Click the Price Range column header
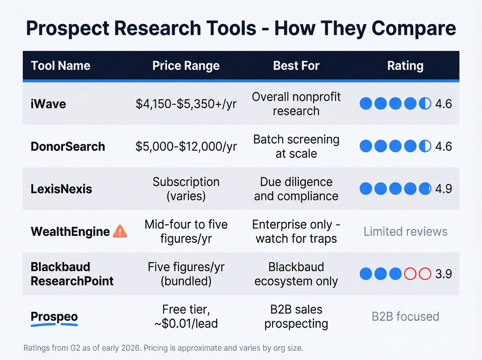(186, 65)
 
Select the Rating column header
(405, 65)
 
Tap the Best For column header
(296, 65)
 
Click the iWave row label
(48, 104)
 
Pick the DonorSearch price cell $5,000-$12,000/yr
(186, 146)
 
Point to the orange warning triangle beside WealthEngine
(120, 231)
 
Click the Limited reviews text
(405, 232)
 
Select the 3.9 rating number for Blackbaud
(443, 274)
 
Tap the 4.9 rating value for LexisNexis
(443, 189)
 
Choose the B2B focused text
(405, 316)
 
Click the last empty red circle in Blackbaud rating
(425, 274)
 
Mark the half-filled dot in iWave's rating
(425, 104)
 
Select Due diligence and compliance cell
(296, 189)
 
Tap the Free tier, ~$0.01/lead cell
(186, 316)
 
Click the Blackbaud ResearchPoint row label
(72, 274)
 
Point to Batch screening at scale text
(296, 146)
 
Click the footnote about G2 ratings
(163, 348)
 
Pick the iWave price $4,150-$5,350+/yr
(186, 104)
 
